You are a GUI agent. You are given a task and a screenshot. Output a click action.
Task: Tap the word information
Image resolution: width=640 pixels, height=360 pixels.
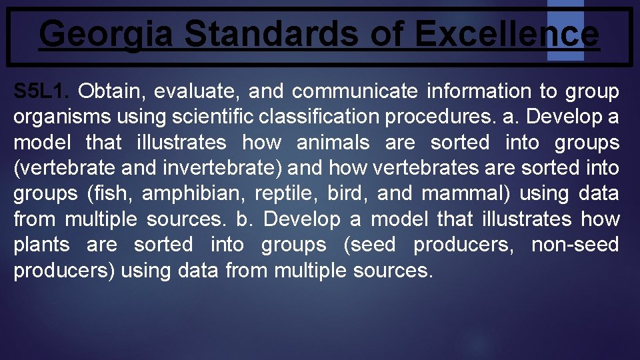click(x=479, y=91)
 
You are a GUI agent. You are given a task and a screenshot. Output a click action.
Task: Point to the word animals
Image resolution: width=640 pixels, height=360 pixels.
click(x=333, y=143)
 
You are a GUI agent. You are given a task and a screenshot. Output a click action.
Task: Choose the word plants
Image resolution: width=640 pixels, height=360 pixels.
click(x=41, y=245)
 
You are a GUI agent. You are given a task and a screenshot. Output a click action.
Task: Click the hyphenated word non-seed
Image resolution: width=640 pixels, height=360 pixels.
click(x=575, y=245)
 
